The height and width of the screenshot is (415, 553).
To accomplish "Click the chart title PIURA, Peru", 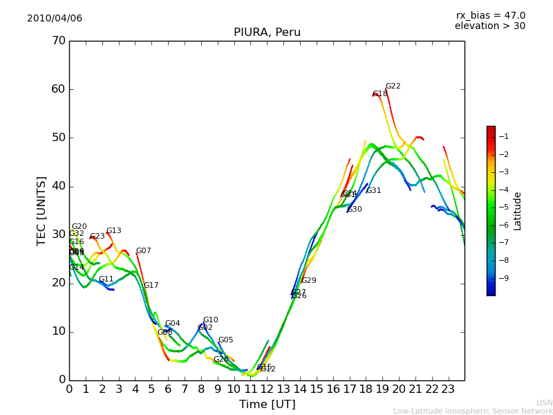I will (267, 33).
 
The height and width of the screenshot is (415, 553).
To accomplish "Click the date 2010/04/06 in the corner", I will (55, 19).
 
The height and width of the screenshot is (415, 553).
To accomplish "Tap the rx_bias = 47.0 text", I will (490, 16).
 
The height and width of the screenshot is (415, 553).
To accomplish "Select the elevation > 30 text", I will (490, 26).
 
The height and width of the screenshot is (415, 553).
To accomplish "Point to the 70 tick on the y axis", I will (58, 41).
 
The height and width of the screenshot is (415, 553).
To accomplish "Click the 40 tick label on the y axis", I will (58, 186).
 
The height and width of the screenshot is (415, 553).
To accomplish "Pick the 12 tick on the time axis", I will (268, 389).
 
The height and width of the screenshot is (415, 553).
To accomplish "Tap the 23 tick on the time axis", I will (448, 389).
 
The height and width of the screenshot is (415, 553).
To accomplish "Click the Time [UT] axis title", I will (267, 405).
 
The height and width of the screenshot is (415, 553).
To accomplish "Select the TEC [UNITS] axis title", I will (41, 210).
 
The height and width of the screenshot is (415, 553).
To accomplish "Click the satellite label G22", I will (393, 86).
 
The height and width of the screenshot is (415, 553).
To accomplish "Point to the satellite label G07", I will (143, 251).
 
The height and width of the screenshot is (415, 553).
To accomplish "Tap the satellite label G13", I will (113, 231).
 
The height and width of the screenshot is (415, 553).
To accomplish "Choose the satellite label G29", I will (308, 281).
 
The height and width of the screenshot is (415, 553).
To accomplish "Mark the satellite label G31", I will (373, 191).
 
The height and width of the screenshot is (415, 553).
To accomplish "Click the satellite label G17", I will (151, 286).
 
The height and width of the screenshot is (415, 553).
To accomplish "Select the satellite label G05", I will (225, 340).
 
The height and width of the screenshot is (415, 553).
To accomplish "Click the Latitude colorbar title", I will (518, 211).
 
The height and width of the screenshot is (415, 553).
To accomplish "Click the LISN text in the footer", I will (544, 403).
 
